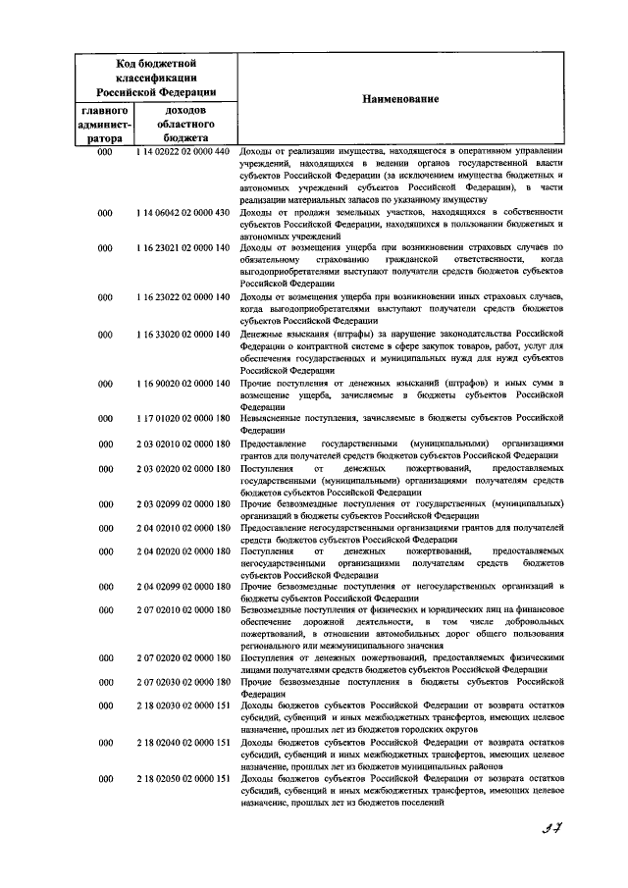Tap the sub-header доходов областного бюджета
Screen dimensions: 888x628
tap(183, 126)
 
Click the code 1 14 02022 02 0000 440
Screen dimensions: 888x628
tap(183, 151)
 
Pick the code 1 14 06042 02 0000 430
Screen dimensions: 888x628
tap(183, 212)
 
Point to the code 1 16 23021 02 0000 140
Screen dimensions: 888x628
tap(183, 248)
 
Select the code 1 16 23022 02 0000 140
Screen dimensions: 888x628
tap(183, 296)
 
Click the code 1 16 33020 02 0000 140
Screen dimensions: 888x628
tap(183, 334)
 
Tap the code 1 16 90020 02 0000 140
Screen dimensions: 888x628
tap(183, 383)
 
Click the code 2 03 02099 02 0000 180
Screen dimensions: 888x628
tap(183, 503)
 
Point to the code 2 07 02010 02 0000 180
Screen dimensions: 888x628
tap(183, 610)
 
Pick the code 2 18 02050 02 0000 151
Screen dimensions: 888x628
tap(183, 778)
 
